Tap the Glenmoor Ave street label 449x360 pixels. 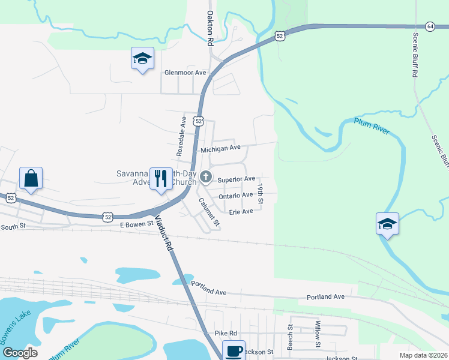pos(185,73)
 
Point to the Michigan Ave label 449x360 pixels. pos(220,148)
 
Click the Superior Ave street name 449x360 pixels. pos(237,179)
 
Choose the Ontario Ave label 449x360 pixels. pos(236,196)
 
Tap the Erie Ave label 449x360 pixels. pos(241,212)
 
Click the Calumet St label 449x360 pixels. pos(210,212)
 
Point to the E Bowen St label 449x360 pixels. pos(138,224)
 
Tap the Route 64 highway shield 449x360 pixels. pos(430,26)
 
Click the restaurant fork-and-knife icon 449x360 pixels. pos(160,179)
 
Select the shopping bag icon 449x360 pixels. pos(31,178)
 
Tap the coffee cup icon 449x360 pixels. pos(234,351)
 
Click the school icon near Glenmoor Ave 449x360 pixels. pos(142,59)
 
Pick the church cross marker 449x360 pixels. pos(206,177)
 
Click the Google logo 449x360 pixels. pos(20,352)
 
